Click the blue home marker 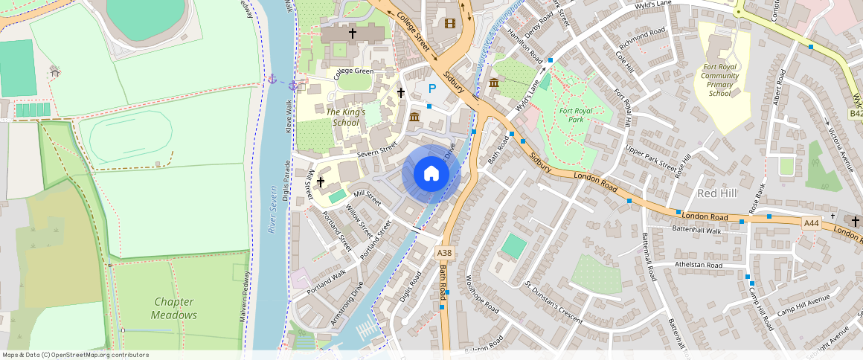pyautogui.click(x=431, y=174)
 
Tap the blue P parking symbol pyautogui.click(x=431, y=89)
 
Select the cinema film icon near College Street pyautogui.click(x=449, y=22)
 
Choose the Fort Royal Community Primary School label pyautogui.click(x=720, y=80)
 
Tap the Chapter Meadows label pyautogui.click(x=174, y=309)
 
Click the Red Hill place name pyautogui.click(x=716, y=193)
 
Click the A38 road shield pyautogui.click(x=443, y=253)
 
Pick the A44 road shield pyautogui.click(x=812, y=222)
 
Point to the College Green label pyautogui.click(x=353, y=72)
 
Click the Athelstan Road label pyautogui.click(x=698, y=265)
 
